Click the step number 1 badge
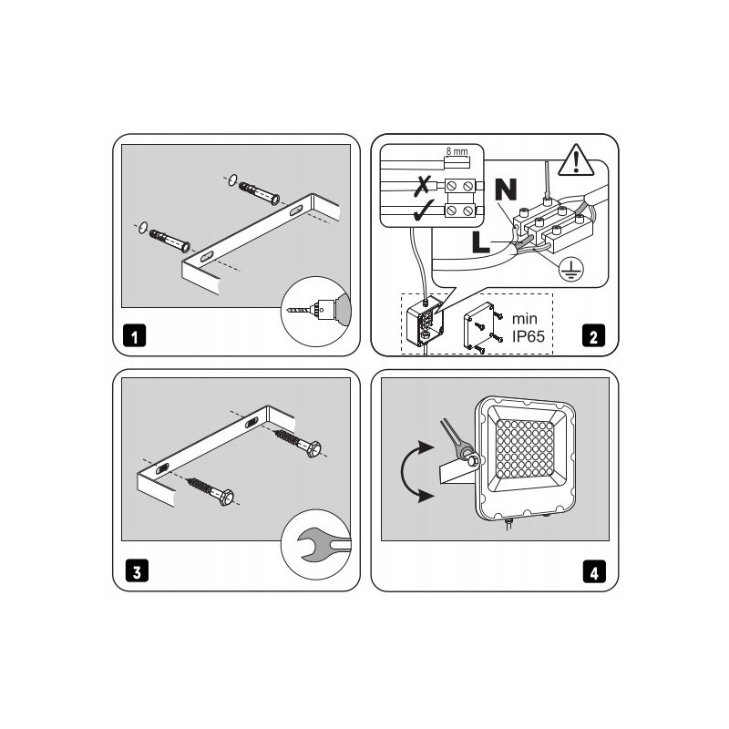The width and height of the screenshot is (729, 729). coord(134,335)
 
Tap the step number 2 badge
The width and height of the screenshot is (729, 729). coord(594,335)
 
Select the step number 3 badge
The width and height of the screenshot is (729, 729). coord(137,570)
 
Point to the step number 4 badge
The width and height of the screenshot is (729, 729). coord(594,571)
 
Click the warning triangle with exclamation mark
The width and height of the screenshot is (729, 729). coord(576,161)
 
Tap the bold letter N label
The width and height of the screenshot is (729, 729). coord(506,189)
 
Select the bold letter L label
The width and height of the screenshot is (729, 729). coord(481,242)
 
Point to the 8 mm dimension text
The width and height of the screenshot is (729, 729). coord(457,151)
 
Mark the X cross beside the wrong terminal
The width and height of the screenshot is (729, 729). coord(422,186)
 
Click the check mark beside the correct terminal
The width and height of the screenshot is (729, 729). coord(423,210)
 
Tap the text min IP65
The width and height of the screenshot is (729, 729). coord(529,327)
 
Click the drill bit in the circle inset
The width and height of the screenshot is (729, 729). coord(298,310)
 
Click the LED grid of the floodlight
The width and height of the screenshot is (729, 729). coord(524,448)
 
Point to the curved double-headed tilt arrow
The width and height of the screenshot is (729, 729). coord(402,471)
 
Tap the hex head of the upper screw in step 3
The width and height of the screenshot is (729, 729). coord(314,449)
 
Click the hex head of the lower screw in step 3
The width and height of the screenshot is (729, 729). coord(226,497)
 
